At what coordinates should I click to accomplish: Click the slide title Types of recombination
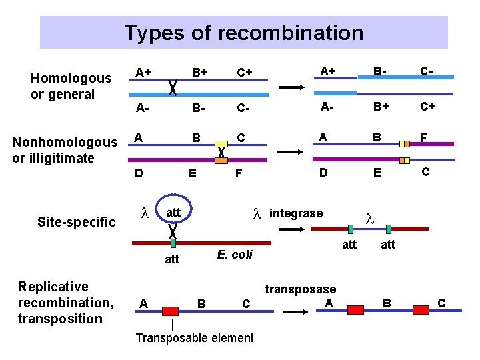tap(243, 33)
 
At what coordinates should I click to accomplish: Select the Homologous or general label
tap(71, 86)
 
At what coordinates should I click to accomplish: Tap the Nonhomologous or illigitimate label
tap(64, 150)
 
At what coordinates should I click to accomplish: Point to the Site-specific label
tap(76, 222)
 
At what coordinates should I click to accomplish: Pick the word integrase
tap(296, 213)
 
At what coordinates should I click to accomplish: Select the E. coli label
tap(235, 255)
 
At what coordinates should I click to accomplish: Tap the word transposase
tap(301, 289)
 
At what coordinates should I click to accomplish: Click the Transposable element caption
tap(195, 337)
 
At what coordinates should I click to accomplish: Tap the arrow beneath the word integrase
tap(291, 228)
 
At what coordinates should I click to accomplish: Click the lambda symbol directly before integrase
tap(257, 213)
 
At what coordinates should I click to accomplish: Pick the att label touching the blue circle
tap(173, 211)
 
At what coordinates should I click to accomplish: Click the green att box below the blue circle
tap(173, 243)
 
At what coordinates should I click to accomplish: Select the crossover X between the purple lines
tap(221, 152)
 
